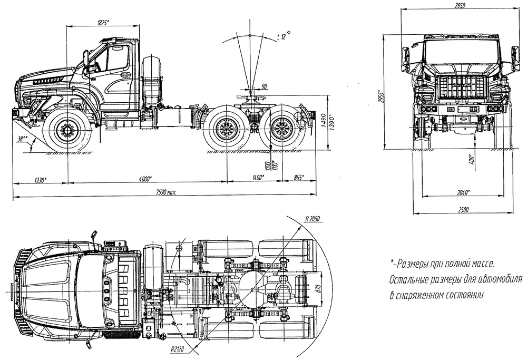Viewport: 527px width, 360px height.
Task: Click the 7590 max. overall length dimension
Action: point(164,193)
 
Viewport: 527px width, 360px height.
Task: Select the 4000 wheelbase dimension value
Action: point(145,179)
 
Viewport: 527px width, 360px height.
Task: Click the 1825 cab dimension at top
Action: point(103,23)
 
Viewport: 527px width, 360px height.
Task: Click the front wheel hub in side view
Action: point(67,128)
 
